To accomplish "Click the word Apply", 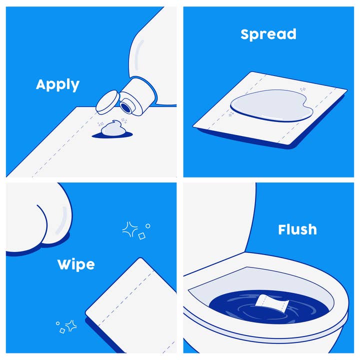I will tap(57, 84).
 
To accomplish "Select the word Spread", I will tap(268, 34).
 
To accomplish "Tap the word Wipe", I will tap(75, 263).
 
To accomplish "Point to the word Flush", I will tap(297, 229).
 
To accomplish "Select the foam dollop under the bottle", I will tap(112, 128).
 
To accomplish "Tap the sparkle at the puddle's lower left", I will tap(230, 114).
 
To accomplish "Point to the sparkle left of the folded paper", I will tap(70, 325).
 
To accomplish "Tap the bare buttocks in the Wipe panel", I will tap(40, 215).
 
